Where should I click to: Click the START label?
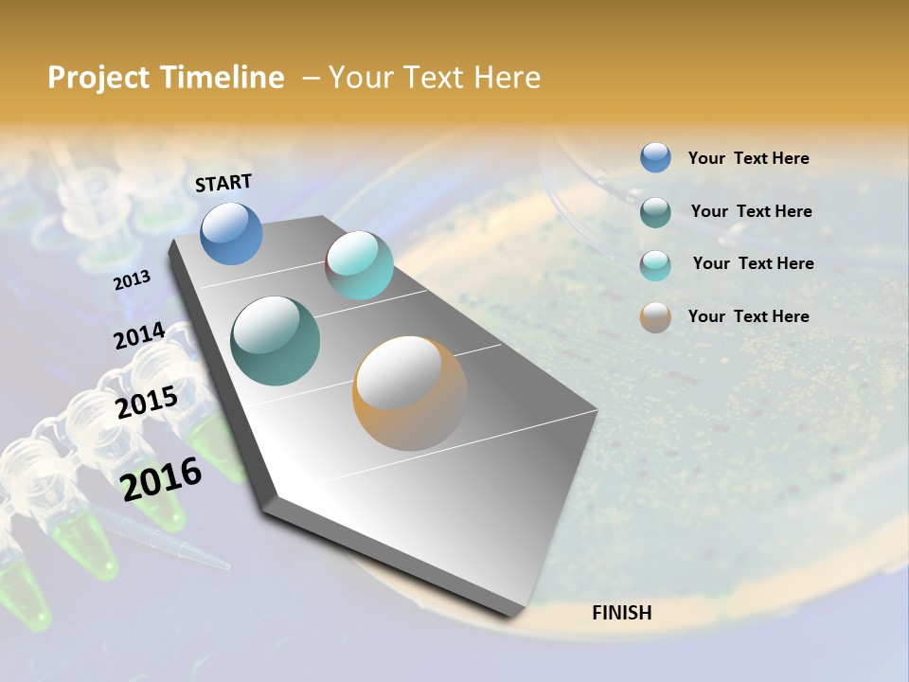pyautogui.click(x=223, y=183)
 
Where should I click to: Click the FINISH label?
pyautogui.click(x=621, y=613)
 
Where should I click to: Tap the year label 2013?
pyautogui.click(x=132, y=280)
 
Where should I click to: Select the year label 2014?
pyautogui.click(x=139, y=336)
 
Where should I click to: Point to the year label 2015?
pyautogui.click(x=147, y=403)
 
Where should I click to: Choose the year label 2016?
pyautogui.click(x=161, y=479)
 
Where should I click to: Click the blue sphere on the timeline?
pyautogui.click(x=232, y=233)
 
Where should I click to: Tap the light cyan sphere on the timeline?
pyautogui.click(x=359, y=265)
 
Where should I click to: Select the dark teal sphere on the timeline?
pyautogui.click(x=275, y=341)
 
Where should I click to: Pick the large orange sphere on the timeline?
pyautogui.click(x=410, y=393)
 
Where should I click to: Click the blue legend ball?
pyautogui.click(x=655, y=157)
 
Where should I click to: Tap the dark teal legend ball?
pyautogui.click(x=655, y=212)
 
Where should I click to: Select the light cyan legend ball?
pyautogui.click(x=655, y=265)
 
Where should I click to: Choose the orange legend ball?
pyautogui.click(x=655, y=317)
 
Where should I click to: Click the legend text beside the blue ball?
pyautogui.click(x=748, y=158)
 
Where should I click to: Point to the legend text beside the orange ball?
pyautogui.click(x=748, y=316)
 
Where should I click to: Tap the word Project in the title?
pyautogui.click(x=96, y=78)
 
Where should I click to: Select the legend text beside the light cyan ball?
pyautogui.click(x=753, y=263)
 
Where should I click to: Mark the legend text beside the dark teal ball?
pyautogui.click(x=751, y=211)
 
